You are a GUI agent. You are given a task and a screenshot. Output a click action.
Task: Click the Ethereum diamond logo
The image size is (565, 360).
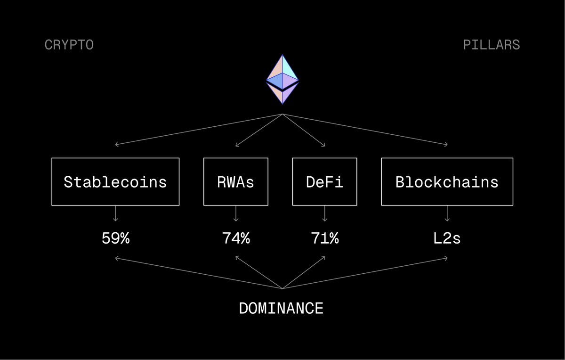(282, 79)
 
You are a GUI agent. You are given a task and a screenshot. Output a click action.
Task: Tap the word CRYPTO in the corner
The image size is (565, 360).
(69, 45)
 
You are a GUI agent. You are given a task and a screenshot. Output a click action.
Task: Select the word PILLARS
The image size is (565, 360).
(491, 45)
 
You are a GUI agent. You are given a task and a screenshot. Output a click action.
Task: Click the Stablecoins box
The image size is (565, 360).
(115, 182)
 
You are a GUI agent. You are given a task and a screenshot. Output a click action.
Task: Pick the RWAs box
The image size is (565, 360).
(235, 182)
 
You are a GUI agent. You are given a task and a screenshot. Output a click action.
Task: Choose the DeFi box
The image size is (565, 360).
(324, 182)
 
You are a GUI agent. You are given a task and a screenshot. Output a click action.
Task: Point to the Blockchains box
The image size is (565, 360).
(447, 182)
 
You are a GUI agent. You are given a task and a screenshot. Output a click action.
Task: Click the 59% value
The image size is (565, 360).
(115, 238)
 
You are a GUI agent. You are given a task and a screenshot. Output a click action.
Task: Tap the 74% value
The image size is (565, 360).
(236, 238)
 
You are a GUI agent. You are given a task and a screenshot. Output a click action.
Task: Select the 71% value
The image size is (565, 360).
(324, 238)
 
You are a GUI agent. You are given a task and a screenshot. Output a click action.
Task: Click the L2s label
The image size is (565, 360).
(447, 238)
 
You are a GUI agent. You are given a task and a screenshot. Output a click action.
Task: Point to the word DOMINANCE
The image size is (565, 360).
(281, 308)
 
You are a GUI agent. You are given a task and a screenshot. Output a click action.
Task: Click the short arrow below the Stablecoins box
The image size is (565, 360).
(115, 214)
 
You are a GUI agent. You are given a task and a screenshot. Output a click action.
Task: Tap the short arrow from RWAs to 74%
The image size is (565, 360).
(236, 214)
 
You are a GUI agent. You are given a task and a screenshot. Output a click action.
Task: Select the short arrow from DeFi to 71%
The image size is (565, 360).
(324, 214)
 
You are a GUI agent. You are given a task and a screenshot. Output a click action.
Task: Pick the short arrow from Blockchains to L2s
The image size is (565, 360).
(447, 214)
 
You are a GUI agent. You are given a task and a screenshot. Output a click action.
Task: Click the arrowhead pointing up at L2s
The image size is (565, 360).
(445, 258)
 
